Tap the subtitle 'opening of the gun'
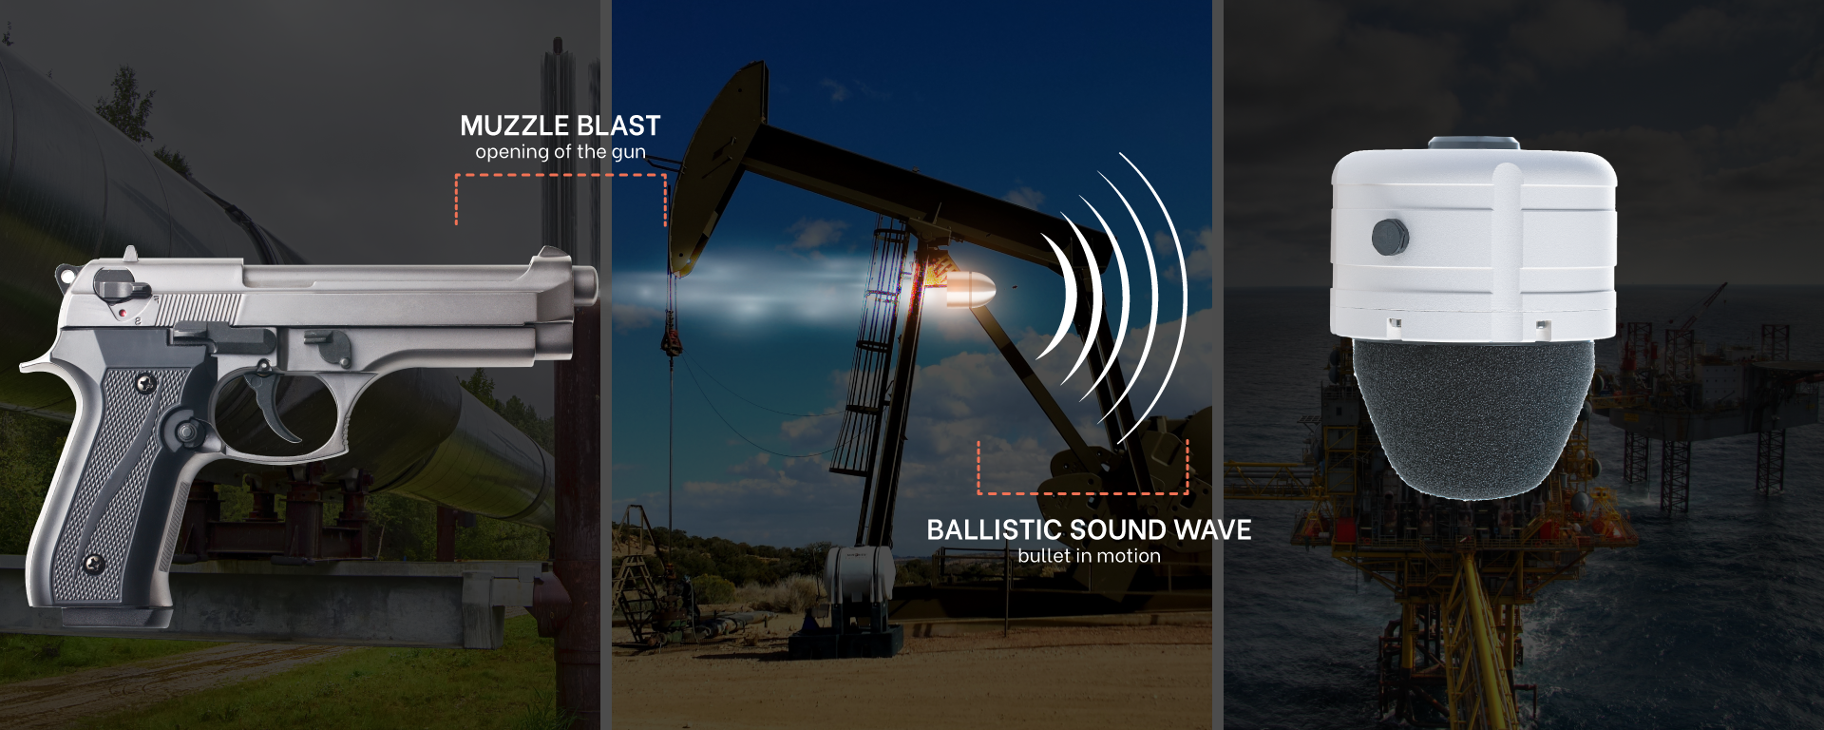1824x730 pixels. coord(560,152)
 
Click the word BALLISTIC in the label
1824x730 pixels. coord(995,529)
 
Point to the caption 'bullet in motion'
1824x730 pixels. coord(1089,555)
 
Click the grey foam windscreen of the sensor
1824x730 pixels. coord(1472,418)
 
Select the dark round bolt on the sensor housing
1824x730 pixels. coord(1390,237)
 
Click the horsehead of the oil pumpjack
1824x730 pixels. coord(717,166)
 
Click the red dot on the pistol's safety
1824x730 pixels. coord(123,312)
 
